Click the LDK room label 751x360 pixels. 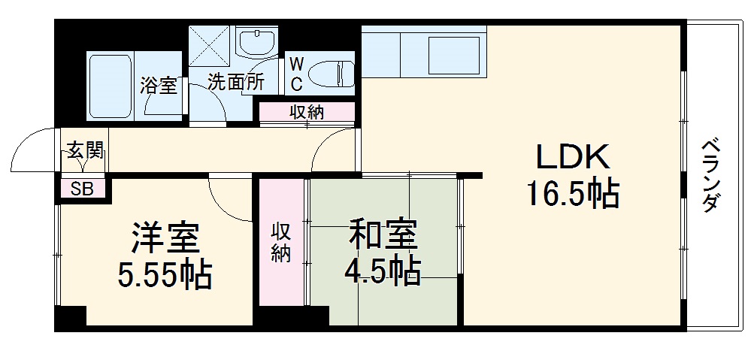[x=571, y=158]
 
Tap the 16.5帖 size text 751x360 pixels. [x=571, y=195]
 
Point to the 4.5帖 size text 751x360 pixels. [x=382, y=271]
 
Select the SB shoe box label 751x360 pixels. [x=82, y=189]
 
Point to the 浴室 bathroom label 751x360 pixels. [x=159, y=85]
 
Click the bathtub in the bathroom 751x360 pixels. [x=111, y=86]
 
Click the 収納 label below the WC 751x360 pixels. [x=307, y=113]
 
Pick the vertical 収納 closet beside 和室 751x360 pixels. [x=281, y=242]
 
